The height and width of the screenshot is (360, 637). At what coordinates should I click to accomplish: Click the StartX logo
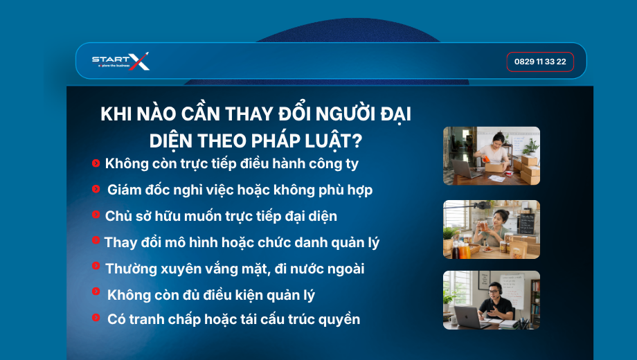pyautogui.click(x=120, y=62)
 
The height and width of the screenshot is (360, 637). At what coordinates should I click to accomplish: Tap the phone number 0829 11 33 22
pyautogui.click(x=540, y=62)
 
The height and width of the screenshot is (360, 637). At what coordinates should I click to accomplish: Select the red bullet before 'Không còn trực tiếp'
pyautogui.click(x=96, y=163)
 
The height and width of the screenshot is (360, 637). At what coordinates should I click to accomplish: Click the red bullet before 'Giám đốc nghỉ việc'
pyautogui.click(x=96, y=189)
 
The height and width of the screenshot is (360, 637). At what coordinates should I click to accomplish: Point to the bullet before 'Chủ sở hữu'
pyautogui.click(x=96, y=214)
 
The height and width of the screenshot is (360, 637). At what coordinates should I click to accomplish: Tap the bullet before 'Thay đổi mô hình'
pyautogui.click(x=96, y=240)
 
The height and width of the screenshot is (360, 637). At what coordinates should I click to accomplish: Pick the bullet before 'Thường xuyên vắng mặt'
pyautogui.click(x=96, y=266)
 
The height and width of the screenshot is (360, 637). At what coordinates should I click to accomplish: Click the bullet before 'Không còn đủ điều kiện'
pyautogui.click(x=96, y=291)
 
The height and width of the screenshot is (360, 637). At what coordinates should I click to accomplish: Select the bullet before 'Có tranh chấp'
pyautogui.click(x=96, y=317)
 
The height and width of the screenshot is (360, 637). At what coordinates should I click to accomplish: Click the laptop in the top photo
pyautogui.click(x=465, y=169)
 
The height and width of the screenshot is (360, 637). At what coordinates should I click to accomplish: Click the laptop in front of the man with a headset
pyautogui.click(x=467, y=317)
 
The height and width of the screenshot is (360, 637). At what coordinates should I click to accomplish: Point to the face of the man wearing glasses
pyautogui.click(x=494, y=291)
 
